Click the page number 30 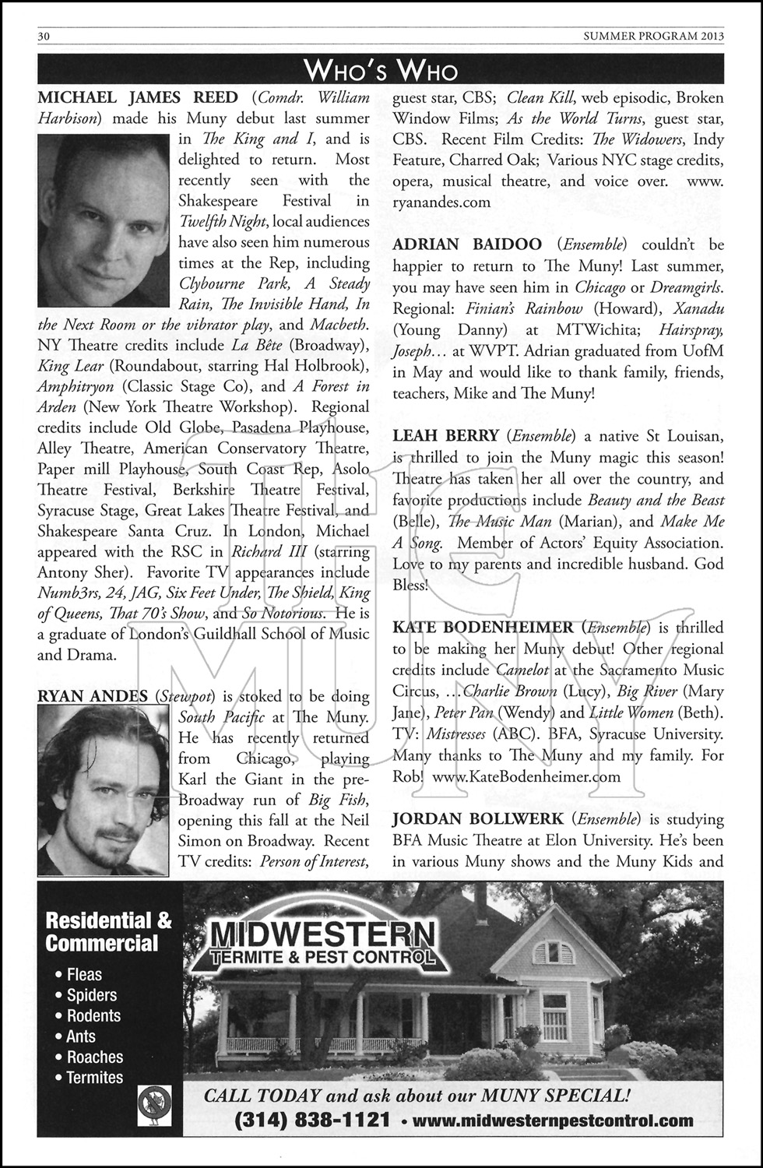[44, 36]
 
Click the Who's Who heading [381, 70]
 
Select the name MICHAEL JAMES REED [138, 97]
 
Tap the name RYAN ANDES [92, 695]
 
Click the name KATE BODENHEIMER [483, 627]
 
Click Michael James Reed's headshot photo [103, 220]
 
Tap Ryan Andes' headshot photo [103, 790]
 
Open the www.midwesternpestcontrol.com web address [552, 1121]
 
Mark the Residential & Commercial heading [109, 931]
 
